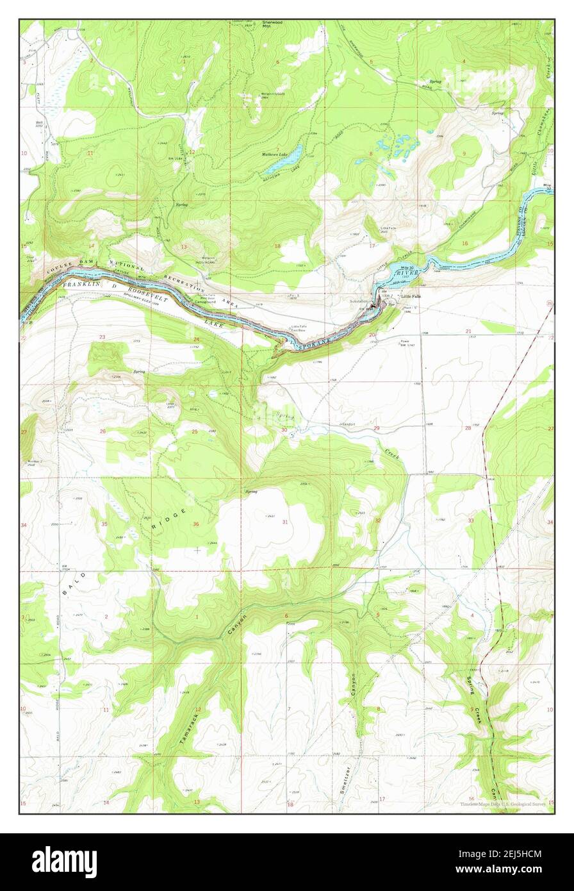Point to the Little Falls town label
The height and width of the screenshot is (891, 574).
(411, 296)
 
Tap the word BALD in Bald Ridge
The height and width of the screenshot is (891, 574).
(73, 583)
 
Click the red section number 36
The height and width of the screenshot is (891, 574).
(196, 524)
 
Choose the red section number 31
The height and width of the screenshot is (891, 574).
(284, 522)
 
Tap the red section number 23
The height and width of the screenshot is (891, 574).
(102, 337)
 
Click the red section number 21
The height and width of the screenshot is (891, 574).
(468, 331)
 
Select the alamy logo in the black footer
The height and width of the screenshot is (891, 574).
(64, 862)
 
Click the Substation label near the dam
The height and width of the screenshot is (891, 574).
(360, 301)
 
